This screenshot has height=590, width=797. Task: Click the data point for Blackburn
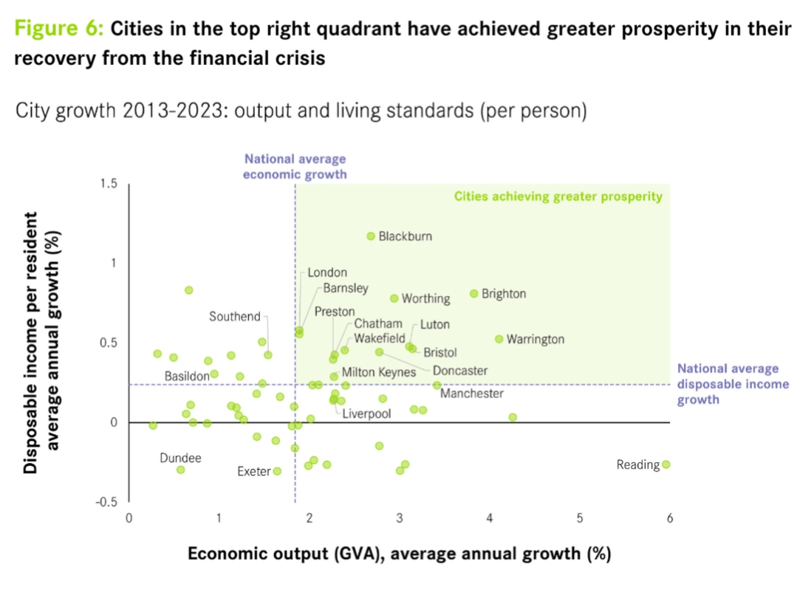click(371, 236)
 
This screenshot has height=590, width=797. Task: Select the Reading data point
click(666, 464)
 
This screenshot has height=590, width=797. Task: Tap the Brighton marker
click(473, 293)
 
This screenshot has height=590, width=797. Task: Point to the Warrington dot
click(499, 339)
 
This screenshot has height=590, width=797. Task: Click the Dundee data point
click(180, 470)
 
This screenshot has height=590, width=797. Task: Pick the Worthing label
click(425, 299)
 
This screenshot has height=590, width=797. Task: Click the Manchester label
click(472, 394)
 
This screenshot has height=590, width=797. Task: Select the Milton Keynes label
click(378, 373)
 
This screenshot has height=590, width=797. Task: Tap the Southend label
click(235, 317)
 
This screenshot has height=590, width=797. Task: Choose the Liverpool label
click(366, 414)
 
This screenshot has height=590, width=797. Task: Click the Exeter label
click(253, 471)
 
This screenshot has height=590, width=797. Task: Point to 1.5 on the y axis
click(109, 184)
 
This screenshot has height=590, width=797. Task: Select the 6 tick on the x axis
click(670, 518)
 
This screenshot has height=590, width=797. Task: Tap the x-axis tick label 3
click(400, 518)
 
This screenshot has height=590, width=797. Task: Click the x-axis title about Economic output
click(399, 555)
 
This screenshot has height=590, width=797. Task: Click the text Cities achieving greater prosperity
click(558, 196)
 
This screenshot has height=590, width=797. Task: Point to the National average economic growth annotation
click(295, 167)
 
